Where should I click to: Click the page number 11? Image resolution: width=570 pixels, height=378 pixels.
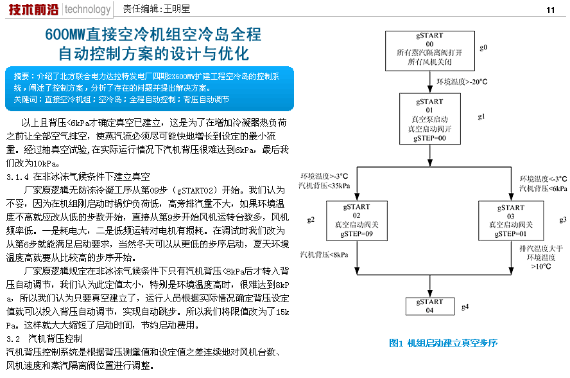(x=550, y=10)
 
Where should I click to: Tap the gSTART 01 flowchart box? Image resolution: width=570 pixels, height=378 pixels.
(x=429, y=120)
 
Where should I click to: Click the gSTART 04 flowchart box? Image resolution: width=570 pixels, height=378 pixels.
(x=429, y=306)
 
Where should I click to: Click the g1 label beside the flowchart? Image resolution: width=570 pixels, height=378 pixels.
(x=482, y=116)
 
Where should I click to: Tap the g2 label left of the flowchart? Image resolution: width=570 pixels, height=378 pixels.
(x=311, y=219)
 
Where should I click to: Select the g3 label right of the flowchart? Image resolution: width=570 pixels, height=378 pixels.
(x=563, y=219)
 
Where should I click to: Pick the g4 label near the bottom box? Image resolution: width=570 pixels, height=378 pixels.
(x=465, y=306)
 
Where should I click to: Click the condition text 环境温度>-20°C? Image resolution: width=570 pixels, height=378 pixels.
(x=462, y=82)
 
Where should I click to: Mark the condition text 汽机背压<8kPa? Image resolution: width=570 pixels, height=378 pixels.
(x=324, y=255)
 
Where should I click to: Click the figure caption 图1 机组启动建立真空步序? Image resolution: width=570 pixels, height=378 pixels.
(x=444, y=343)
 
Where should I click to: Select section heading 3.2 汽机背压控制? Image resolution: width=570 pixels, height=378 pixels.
(x=44, y=338)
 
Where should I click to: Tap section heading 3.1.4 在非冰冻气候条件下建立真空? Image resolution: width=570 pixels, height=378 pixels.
(x=78, y=176)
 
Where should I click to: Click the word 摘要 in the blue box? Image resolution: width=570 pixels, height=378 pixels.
(x=21, y=75)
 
